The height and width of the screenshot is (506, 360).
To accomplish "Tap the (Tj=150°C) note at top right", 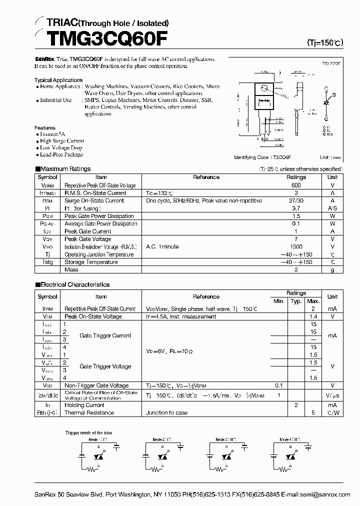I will [324, 43].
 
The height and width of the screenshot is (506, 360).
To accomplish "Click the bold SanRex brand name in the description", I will [44, 58].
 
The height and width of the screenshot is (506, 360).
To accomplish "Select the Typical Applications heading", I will [58, 80].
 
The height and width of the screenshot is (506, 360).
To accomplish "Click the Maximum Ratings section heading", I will [65, 169].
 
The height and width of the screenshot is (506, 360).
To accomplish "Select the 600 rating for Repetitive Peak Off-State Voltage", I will [296, 185].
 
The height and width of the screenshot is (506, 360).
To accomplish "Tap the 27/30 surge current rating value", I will [296, 200].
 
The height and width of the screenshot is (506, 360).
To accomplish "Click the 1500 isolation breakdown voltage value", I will [296, 246].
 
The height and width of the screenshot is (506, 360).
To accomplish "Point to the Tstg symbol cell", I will [47, 262].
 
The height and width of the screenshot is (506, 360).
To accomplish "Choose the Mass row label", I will [71, 269].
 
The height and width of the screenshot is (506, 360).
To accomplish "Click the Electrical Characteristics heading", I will [74, 284].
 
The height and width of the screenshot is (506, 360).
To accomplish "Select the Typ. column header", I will [296, 301].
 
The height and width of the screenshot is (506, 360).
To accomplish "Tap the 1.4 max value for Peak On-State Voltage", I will [313, 316].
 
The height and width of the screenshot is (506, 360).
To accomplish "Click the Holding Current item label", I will [84, 405].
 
